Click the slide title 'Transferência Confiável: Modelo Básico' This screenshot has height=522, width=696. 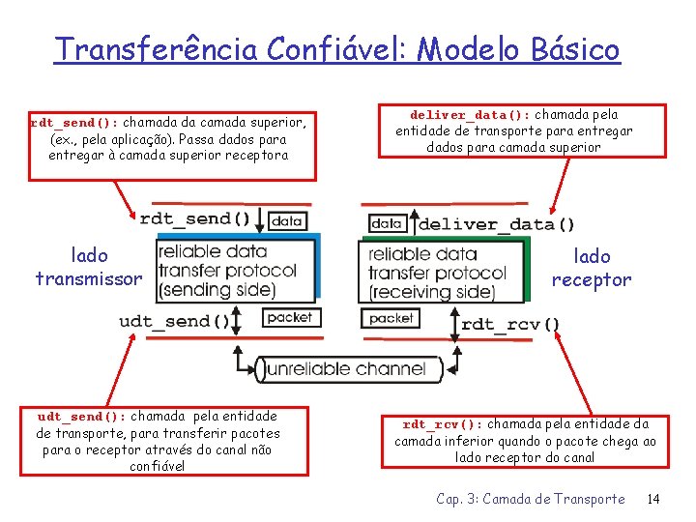[336, 48]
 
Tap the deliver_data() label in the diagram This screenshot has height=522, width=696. [496, 224]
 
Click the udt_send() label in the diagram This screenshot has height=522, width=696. [174, 321]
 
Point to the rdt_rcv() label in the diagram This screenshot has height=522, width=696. [510, 324]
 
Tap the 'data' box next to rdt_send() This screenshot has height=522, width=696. [287, 220]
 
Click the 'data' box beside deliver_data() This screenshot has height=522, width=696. [387, 223]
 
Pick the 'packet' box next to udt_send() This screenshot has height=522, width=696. [289, 317]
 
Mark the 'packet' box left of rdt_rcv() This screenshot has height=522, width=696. [391, 318]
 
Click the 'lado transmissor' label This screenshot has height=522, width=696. [89, 267]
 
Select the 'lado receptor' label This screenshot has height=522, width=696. [592, 268]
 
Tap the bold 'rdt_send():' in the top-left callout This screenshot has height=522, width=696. [76, 123]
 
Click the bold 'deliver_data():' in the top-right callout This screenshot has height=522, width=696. [471, 114]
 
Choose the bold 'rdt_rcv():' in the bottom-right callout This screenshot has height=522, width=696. [443, 424]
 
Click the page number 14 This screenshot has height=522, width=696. [652, 499]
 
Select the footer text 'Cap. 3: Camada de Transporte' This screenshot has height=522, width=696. [530, 499]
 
